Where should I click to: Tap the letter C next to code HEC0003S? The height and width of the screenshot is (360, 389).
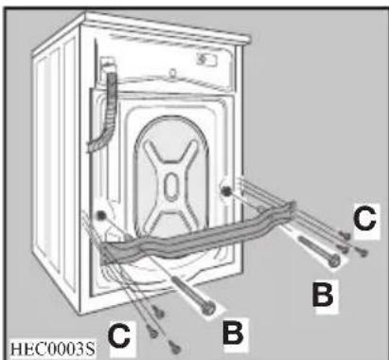click(120, 334)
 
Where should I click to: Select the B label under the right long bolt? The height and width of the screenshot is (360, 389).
click(324, 296)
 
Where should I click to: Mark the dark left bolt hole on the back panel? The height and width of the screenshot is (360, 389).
click(101, 226)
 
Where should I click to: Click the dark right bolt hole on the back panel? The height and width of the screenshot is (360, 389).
click(228, 193)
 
